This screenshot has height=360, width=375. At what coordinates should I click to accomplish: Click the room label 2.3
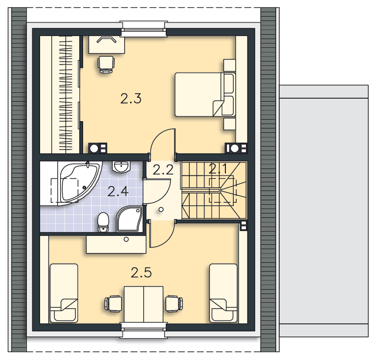131,99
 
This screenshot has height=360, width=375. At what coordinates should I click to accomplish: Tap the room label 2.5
141,273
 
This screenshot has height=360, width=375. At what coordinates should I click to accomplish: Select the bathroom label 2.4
118,191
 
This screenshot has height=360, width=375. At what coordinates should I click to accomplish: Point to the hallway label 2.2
163,170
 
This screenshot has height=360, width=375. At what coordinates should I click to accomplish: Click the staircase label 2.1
219,169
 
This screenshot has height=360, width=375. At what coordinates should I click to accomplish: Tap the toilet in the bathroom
103,222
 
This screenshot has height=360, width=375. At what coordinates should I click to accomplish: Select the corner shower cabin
130,219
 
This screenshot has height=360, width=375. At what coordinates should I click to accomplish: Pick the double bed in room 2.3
205,95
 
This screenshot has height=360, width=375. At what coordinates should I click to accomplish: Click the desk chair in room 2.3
106,64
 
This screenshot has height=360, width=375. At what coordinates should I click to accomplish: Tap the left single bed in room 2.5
64,293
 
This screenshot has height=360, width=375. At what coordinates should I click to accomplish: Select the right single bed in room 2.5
223,293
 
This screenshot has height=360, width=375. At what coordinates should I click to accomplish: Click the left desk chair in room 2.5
113,304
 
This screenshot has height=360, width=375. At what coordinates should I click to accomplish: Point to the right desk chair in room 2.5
175,304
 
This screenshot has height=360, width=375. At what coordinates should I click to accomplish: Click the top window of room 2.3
143,30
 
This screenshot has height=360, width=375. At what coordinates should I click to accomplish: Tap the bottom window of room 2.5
143,330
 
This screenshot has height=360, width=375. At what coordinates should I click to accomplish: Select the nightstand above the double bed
230,65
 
